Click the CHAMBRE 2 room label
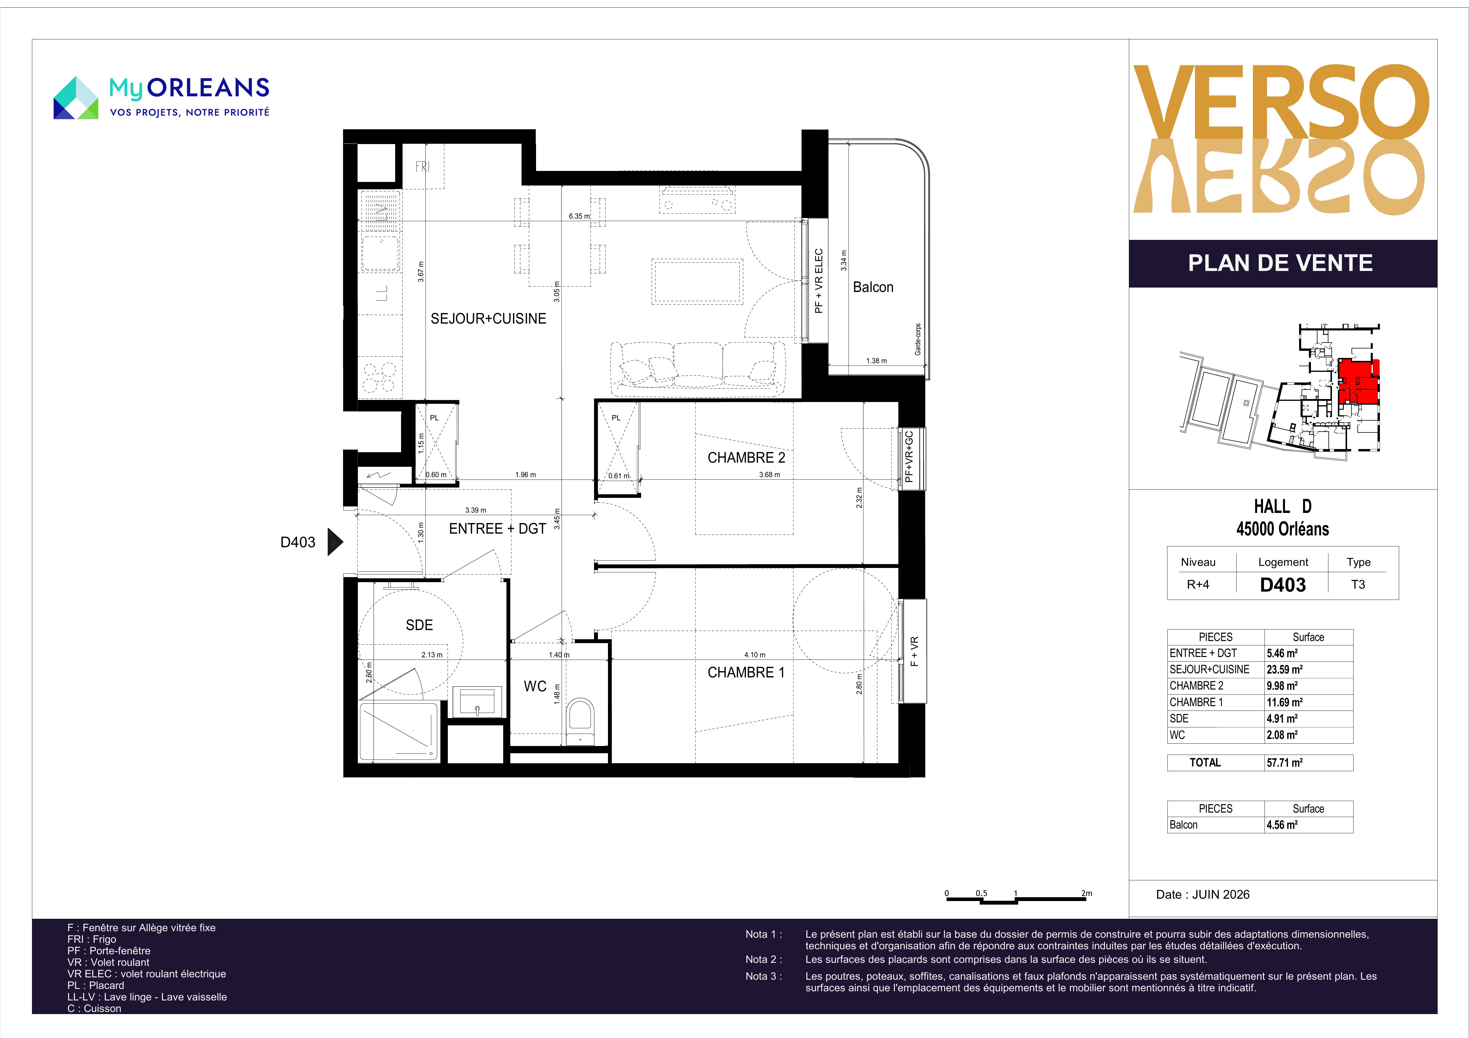[x=746, y=458]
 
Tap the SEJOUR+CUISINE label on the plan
[x=488, y=319]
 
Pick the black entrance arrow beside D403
[x=335, y=542]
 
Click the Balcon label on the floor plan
[x=873, y=287]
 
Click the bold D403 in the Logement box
[x=1283, y=585]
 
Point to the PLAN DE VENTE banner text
[x=1280, y=263]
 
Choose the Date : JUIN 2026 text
[x=1202, y=895]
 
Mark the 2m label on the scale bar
[x=1086, y=893]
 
